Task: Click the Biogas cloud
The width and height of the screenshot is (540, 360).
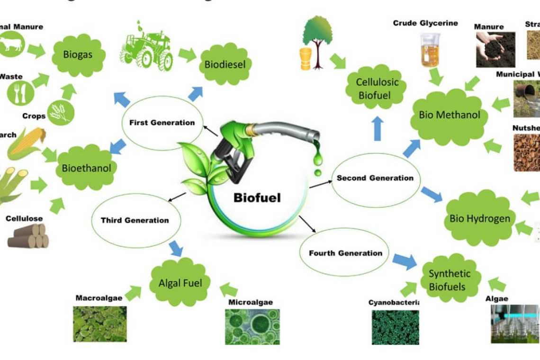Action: click(78, 54)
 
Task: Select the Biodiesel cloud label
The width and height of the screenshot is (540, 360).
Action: click(225, 64)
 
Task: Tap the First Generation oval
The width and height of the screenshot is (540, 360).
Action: click(162, 123)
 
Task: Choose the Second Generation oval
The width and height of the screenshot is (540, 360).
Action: click(375, 179)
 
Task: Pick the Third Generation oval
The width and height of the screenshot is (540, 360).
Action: click(135, 220)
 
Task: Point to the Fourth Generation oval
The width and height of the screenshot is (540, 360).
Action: click(345, 253)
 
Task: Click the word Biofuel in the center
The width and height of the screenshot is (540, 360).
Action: click(257, 198)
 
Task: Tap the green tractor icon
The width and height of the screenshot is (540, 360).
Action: click(146, 48)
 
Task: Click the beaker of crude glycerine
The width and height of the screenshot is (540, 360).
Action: click(430, 50)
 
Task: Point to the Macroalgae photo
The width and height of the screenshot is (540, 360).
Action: click(99, 324)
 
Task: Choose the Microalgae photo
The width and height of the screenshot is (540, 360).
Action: click(252, 326)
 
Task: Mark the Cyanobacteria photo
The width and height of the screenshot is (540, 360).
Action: click(395, 327)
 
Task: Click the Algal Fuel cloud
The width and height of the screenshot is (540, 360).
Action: click(180, 283)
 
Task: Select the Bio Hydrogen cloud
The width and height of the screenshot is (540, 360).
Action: click(479, 218)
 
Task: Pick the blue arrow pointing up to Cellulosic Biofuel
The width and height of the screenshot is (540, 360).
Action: click(378, 128)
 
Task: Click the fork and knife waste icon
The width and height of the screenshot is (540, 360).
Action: click(20, 93)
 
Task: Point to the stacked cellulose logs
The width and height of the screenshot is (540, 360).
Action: click(28, 236)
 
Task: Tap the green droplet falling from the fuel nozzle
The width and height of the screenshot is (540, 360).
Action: click(317, 158)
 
